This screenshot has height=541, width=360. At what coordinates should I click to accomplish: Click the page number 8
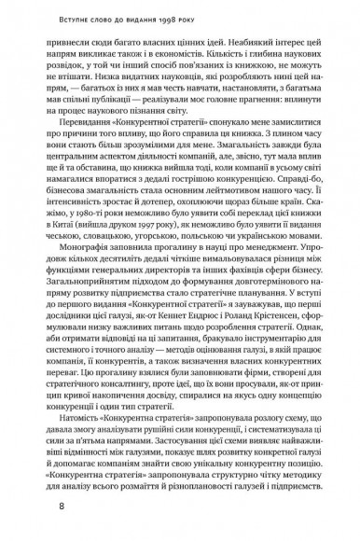pyautogui.click(x=61, y=507)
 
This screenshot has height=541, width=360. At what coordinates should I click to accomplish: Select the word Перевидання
pyautogui.click(x=94, y=148)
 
